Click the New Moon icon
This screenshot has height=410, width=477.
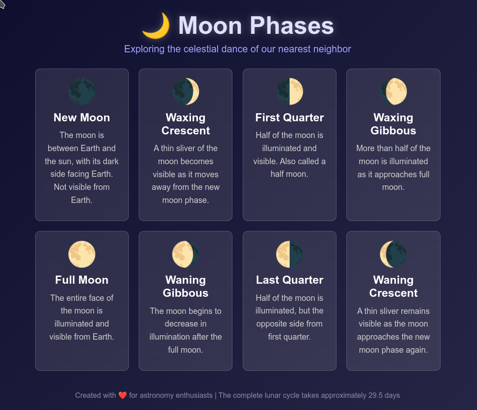point(82,92)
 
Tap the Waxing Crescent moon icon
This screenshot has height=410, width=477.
point(186,92)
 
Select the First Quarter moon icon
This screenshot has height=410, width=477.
point(290,92)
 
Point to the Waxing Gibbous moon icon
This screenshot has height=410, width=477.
point(393,92)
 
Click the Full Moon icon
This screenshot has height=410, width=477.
point(82,254)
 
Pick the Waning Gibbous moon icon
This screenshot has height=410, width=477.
point(186,254)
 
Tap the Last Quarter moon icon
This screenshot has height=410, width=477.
point(290,254)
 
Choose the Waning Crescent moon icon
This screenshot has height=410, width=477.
point(393,254)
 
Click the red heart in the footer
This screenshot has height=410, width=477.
point(123,396)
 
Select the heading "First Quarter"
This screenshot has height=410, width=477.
point(290,118)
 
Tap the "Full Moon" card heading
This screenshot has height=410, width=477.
point(82,280)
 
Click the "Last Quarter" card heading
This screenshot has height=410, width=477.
point(290,280)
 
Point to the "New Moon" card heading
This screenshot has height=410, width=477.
point(82,118)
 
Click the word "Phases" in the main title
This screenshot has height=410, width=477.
point(292,26)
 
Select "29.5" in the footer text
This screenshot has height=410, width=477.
point(375,396)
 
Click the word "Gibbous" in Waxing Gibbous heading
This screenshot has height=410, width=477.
point(393,131)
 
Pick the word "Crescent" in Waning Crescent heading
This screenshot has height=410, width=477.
point(393,293)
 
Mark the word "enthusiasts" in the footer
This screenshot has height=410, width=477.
point(194,396)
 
